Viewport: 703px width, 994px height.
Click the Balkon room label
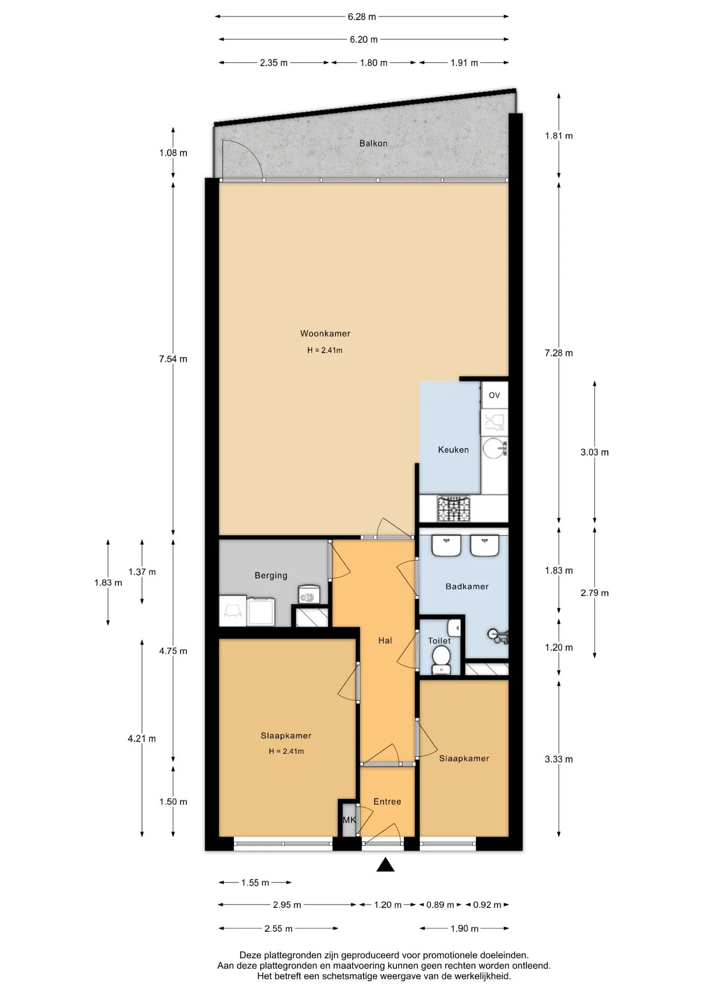[373, 143]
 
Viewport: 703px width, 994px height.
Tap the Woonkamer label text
[325, 334]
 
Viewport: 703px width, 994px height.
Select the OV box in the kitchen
[494, 395]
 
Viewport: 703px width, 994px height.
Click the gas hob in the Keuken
[453, 509]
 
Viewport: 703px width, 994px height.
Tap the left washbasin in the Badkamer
[446, 546]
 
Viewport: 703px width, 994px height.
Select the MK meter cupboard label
[349, 820]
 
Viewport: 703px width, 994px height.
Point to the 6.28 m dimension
[362, 17]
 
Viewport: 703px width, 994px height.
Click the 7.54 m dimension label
[173, 359]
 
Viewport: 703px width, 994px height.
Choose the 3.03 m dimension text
[594, 452]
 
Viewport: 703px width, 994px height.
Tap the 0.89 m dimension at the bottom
[440, 905]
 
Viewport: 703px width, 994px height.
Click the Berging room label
[271, 576]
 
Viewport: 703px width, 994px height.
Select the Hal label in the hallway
[385, 640]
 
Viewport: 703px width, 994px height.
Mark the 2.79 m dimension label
[594, 593]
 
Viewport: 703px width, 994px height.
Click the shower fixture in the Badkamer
[499, 636]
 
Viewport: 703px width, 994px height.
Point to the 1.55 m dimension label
[255, 883]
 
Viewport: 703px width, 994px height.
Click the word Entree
[387, 801]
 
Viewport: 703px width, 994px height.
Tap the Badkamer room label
[467, 587]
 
